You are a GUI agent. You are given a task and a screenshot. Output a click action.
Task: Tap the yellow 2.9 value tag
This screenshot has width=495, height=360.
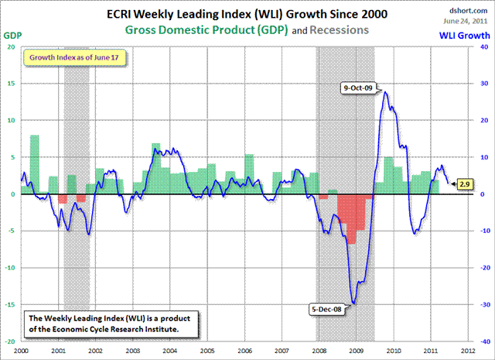tap(464, 184)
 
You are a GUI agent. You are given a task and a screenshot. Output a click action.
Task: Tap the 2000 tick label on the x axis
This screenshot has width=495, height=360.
tap(21, 349)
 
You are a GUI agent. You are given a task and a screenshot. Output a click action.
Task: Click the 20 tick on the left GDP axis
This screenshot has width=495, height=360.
tap(10, 46)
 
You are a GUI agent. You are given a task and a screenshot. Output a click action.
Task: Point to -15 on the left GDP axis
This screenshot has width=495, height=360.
tap(9, 304)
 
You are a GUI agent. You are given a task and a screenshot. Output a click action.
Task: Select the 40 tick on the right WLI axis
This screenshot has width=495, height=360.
tap(483, 46)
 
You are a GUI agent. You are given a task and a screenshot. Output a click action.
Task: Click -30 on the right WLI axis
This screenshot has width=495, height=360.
tap(482, 304)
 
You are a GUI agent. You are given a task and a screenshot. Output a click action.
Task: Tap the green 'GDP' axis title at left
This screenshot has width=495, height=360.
tap(13, 35)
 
